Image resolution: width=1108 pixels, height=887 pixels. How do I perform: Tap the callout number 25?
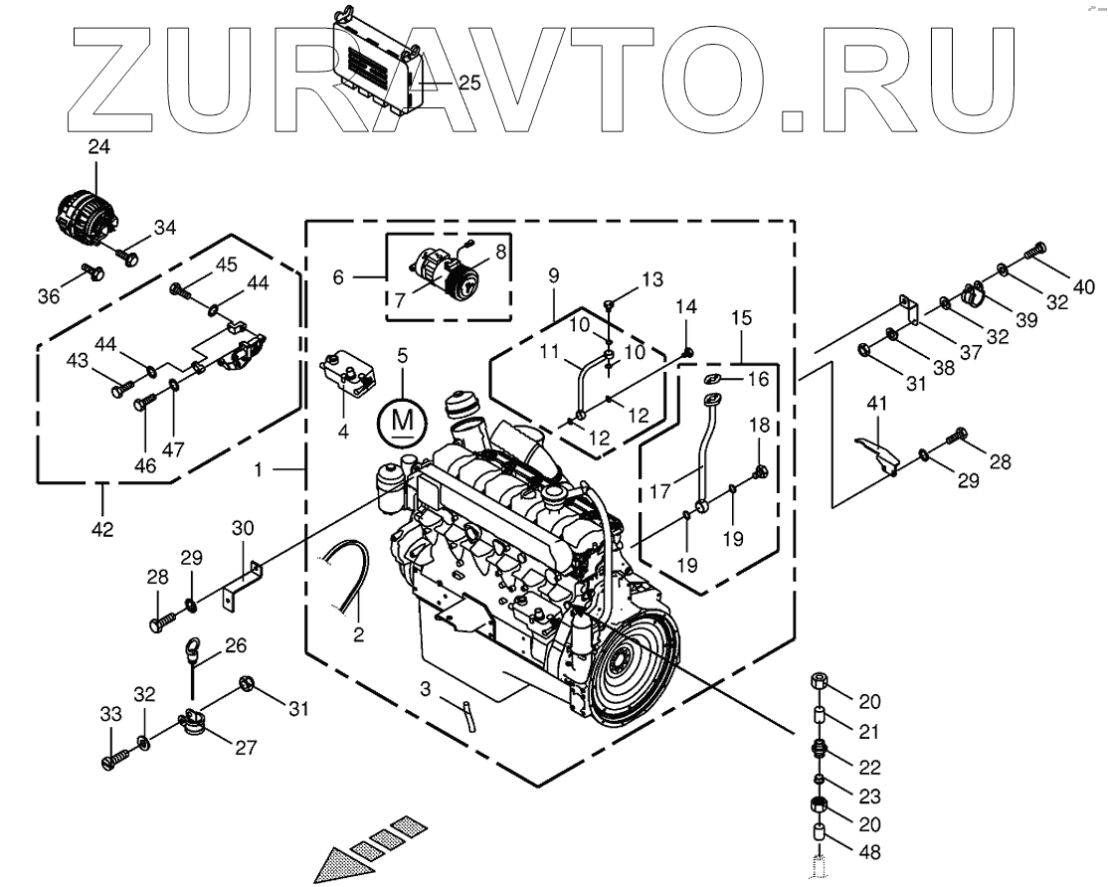point(468,84)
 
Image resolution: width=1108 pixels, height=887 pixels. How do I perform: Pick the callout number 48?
point(869,852)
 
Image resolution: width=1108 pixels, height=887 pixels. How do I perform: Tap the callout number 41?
point(876,404)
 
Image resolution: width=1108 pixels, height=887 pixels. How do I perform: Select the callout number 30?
point(244,527)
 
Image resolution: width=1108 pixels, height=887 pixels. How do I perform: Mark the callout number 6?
point(338,278)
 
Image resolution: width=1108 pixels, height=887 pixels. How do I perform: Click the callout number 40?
point(1084,287)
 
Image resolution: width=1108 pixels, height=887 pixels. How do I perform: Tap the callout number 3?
point(425,688)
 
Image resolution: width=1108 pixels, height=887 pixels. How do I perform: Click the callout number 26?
point(235,645)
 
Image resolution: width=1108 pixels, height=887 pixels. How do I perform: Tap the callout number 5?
point(402,354)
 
